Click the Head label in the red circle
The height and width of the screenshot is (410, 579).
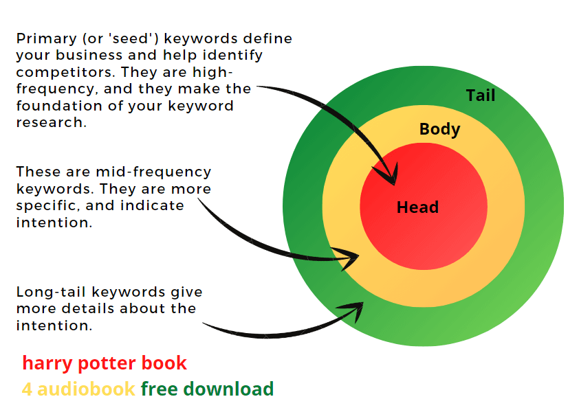(x=417, y=207)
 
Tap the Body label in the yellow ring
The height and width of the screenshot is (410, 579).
(x=439, y=128)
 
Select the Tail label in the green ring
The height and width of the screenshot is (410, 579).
(x=480, y=95)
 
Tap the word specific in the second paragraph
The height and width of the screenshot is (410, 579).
(x=41, y=205)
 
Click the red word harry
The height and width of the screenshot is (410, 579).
(x=43, y=363)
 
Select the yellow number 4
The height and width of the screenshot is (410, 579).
(x=27, y=389)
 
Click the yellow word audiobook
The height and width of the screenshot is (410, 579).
(x=86, y=389)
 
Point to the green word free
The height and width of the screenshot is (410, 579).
(x=160, y=389)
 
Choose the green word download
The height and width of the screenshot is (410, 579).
(x=228, y=389)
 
